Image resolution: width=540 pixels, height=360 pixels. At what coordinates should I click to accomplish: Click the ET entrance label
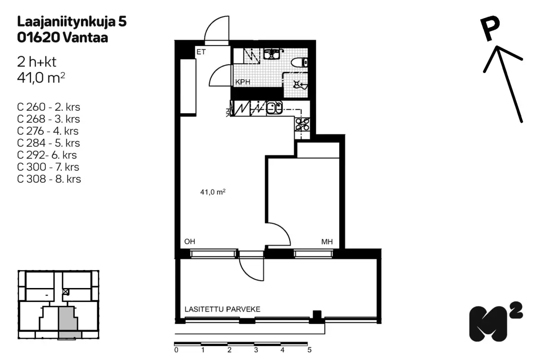coord(201,52)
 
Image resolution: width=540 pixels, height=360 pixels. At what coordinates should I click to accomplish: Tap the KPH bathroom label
coord(243,82)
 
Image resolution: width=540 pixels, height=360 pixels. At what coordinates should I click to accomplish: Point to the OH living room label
coord(189,241)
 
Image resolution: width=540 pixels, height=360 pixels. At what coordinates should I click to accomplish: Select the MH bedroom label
coord(327,242)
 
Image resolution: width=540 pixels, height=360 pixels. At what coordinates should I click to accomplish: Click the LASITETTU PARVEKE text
coord(222,309)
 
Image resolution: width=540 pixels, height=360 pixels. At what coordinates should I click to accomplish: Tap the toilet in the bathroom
coord(299,63)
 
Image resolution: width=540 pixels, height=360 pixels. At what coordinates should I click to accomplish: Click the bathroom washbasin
coord(272,54)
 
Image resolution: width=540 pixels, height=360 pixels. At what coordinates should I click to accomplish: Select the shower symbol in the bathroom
coord(300,85)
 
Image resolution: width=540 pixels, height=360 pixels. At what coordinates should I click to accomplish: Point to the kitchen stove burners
coord(302,124)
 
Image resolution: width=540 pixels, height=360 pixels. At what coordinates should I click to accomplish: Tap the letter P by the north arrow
coord(490,29)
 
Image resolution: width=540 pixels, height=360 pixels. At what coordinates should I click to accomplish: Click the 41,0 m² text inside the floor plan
coord(212,192)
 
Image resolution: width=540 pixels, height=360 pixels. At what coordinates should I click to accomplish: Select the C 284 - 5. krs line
coord(48,143)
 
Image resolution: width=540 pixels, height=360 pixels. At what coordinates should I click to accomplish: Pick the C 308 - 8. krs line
coord(49,179)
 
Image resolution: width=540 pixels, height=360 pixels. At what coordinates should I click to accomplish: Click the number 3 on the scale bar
coord(256,350)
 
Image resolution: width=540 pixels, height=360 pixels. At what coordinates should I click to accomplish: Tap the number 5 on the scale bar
coord(309,350)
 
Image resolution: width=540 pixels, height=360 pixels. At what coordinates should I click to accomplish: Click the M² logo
coord(495,322)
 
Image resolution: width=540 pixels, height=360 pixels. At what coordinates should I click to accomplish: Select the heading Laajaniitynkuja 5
coord(72,22)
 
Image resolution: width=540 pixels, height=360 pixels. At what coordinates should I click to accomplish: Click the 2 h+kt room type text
coord(36,62)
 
